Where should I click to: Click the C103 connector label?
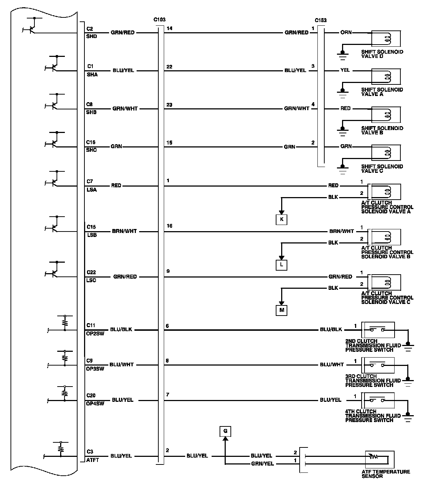(x=159, y=20)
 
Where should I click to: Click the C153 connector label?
(x=320, y=20)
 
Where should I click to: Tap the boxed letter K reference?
(x=282, y=220)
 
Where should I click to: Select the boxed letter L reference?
(x=282, y=265)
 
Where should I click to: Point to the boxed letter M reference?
(x=282, y=310)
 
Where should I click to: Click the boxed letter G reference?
(x=225, y=431)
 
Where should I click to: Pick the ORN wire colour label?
(x=346, y=32)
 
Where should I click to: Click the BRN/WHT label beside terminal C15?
(x=124, y=231)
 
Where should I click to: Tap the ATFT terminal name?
(x=92, y=460)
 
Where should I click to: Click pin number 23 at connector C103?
(x=169, y=105)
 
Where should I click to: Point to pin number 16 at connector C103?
(x=169, y=226)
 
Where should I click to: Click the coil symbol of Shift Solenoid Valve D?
(x=387, y=38)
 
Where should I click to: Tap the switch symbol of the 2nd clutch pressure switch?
(x=377, y=330)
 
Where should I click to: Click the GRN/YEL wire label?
(x=263, y=464)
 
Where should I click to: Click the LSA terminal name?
(x=92, y=190)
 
